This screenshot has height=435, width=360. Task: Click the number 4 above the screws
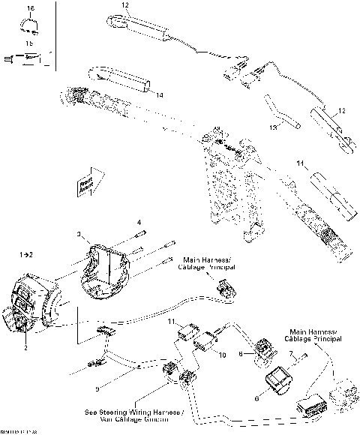coord(139,223)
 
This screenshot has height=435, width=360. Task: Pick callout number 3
coord(79,235)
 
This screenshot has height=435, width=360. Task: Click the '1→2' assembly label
coord(25,255)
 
